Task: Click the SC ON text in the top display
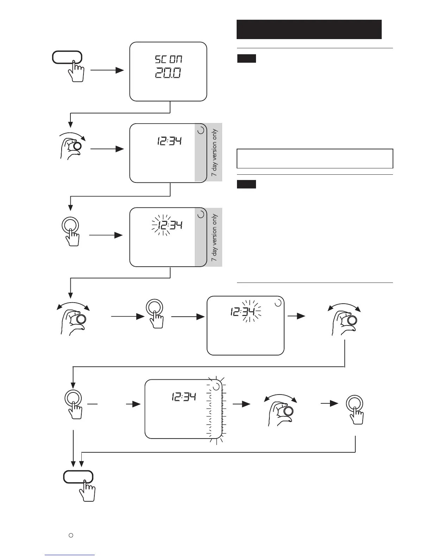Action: click(x=169, y=59)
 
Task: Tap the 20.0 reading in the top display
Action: click(x=168, y=73)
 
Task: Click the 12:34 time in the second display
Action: click(x=169, y=142)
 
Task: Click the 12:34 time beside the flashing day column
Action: click(x=184, y=397)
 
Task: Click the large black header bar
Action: click(x=309, y=29)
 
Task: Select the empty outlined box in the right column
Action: click(x=315, y=159)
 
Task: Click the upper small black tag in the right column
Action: click(x=246, y=58)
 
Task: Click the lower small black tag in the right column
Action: click(x=246, y=184)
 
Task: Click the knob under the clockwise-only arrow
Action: click(x=77, y=146)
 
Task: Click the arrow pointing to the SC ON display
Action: click(x=107, y=70)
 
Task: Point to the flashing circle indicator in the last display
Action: click(x=216, y=387)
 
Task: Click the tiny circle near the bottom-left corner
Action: click(x=70, y=535)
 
